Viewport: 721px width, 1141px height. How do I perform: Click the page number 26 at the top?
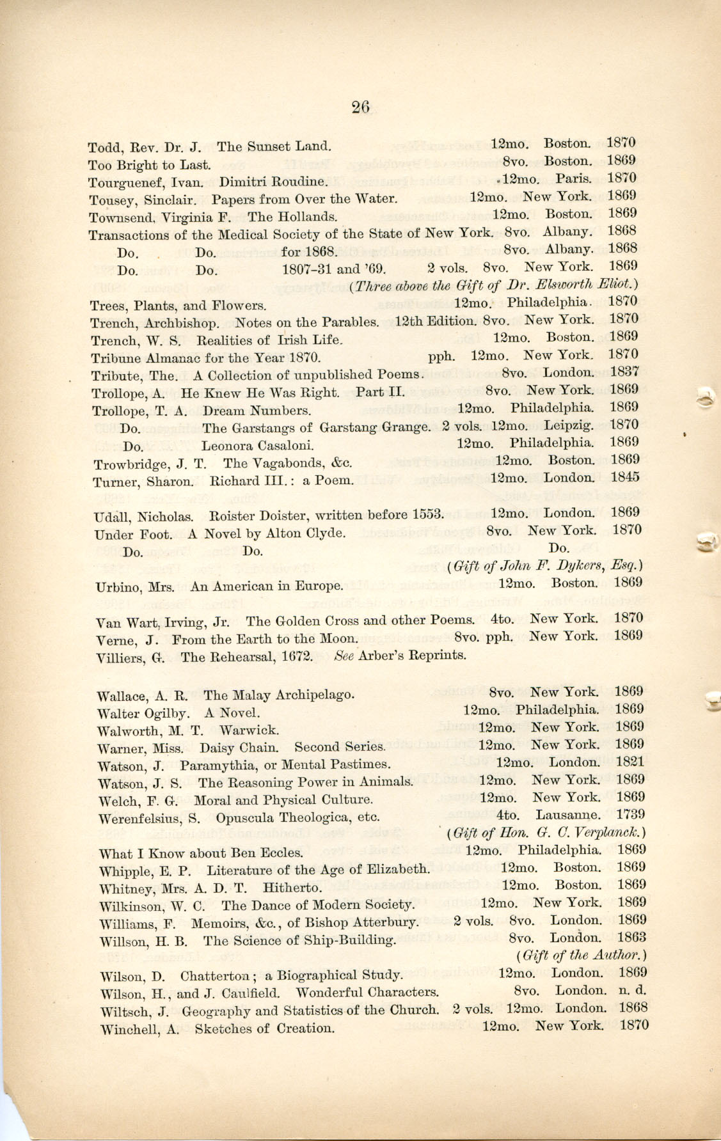[360, 107]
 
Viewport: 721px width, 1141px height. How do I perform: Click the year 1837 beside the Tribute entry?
[624, 371]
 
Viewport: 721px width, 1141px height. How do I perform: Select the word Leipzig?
[568, 425]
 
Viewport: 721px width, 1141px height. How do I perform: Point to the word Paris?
[573, 178]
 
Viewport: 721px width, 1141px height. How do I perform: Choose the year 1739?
[630, 814]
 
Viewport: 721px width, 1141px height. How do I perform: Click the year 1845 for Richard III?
[624, 476]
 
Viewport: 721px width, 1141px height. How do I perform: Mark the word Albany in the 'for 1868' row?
[568, 249]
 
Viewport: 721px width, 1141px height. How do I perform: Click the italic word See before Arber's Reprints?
[344, 655]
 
